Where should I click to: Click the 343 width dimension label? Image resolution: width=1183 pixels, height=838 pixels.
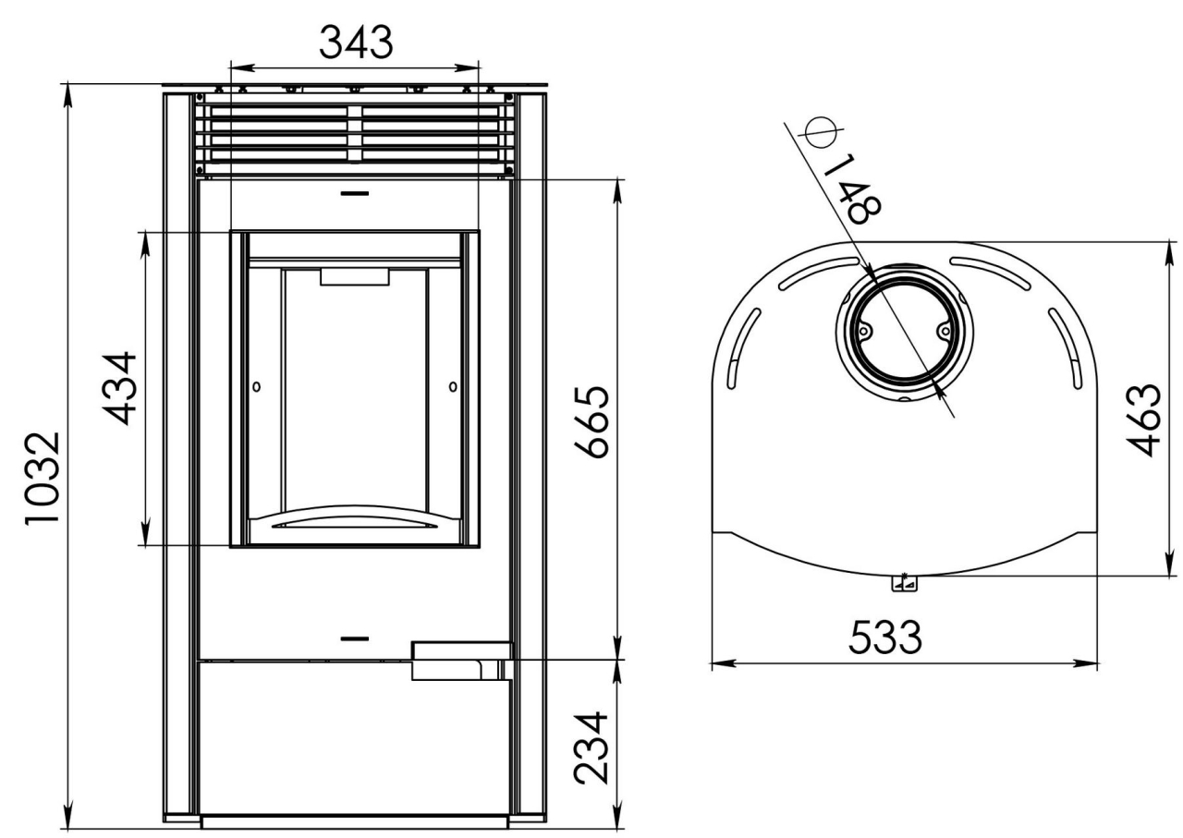coord(356,43)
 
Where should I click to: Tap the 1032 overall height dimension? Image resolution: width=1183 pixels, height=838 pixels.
coord(43,478)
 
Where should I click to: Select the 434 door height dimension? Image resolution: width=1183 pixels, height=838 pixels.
coord(120,388)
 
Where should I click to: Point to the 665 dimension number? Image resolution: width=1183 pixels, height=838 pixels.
coord(592,422)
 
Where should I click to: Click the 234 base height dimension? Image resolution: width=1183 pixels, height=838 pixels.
coord(591,747)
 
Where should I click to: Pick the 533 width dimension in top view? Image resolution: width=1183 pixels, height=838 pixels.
coord(885,638)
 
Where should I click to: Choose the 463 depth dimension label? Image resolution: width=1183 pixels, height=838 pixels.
coord(1144,419)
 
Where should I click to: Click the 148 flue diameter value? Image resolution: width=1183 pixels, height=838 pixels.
coord(852,189)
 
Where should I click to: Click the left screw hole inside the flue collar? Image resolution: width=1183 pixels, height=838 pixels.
coord(864,331)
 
